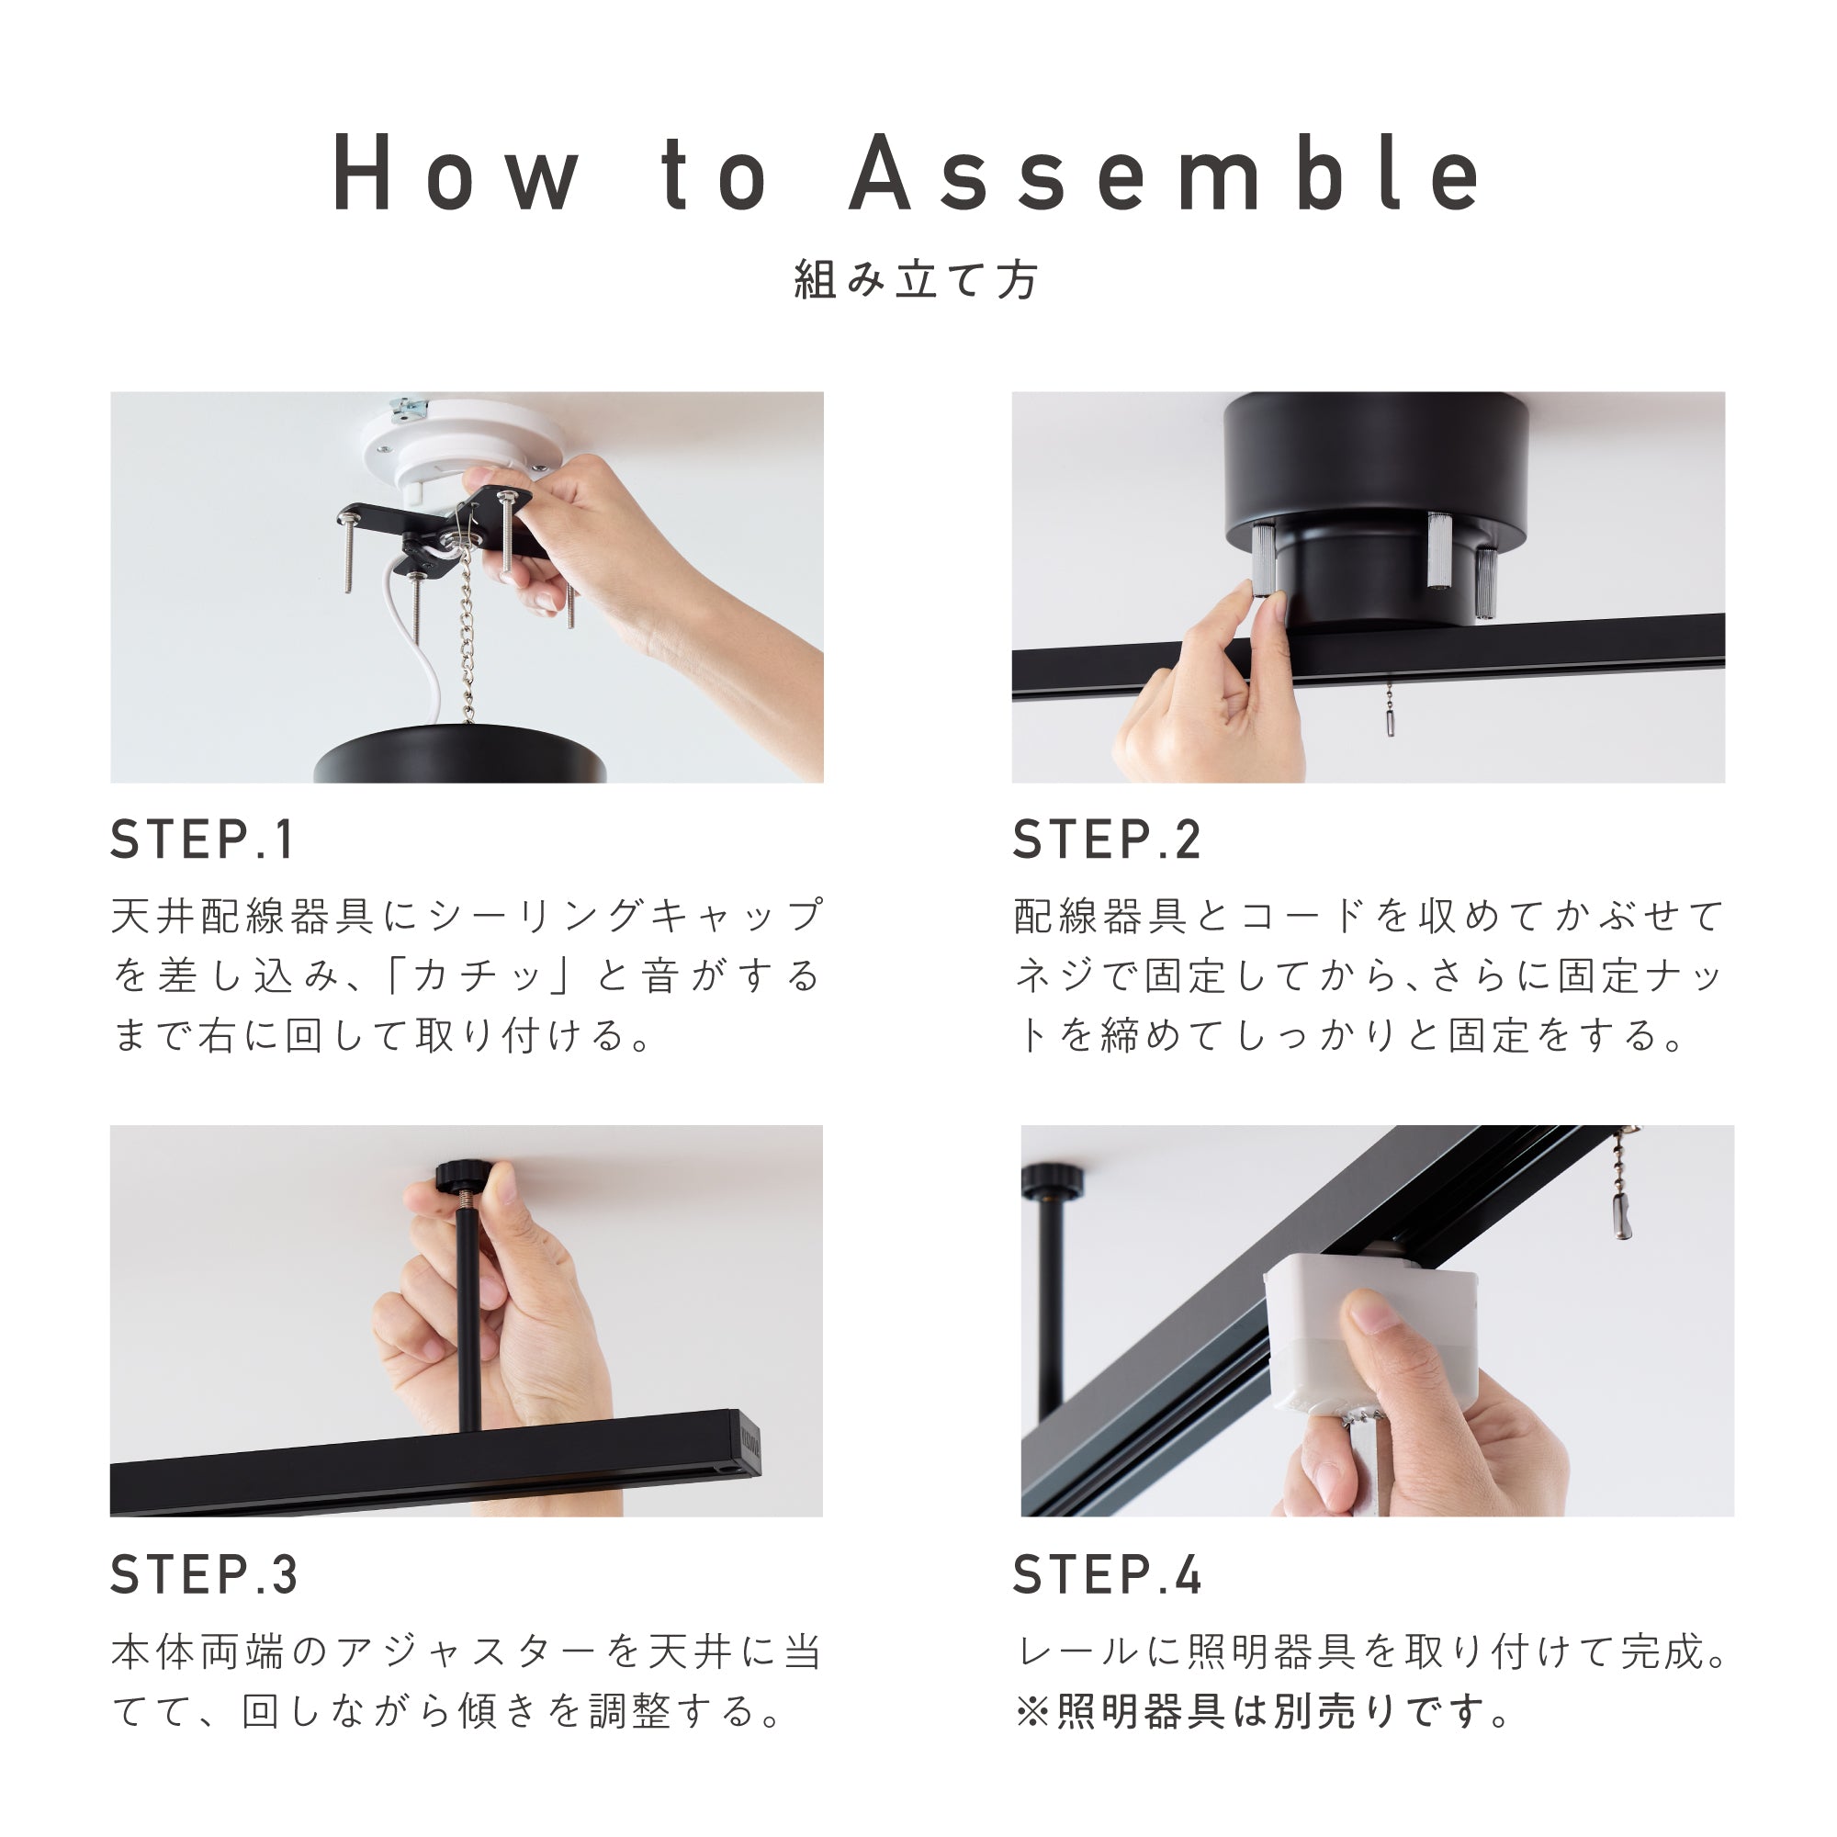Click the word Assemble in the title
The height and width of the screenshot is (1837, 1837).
pyautogui.click(x=1165, y=173)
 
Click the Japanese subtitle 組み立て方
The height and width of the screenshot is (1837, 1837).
pyautogui.click(x=918, y=280)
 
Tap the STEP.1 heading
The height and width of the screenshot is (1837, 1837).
pyautogui.click(x=202, y=840)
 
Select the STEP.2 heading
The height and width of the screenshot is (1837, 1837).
pyautogui.click(x=1107, y=840)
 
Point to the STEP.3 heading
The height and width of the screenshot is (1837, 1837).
pyautogui.click(x=205, y=1573)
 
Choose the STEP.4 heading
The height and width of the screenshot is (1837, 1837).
pyautogui.click(x=1108, y=1573)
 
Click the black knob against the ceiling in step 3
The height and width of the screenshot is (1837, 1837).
pyautogui.click(x=461, y=1178)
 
